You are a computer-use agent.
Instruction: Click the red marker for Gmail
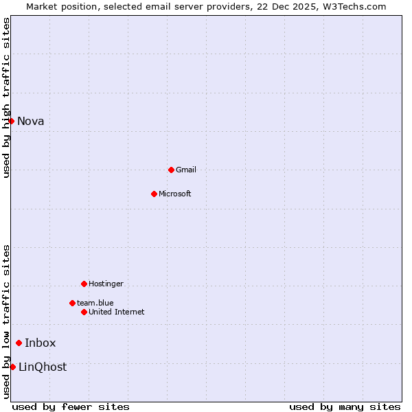pos(171,170)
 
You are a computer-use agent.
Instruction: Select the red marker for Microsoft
pos(154,194)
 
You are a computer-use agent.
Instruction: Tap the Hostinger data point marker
pos(84,284)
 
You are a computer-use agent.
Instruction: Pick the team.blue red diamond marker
pos(72,303)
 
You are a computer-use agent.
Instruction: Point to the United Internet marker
pos(84,312)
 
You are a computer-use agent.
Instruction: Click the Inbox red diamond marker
pos(19,343)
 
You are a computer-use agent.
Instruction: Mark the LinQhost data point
pos(12,367)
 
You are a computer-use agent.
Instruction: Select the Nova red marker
pos(11,121)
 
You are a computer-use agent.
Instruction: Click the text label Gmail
pos(186,170)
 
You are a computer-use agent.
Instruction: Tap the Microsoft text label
pos(175,194)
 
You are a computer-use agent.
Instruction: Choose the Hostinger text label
pos(106,284)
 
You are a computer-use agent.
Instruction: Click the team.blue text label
pos(95,303)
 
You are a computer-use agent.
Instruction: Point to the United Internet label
pos(117,312)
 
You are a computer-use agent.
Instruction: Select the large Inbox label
pos(41,343)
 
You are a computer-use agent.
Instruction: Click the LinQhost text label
pos(43,367)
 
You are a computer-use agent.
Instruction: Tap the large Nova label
pos(31,121)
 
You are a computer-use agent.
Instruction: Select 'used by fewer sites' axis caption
pos(71,407)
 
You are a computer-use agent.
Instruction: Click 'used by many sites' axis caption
pos(345,407)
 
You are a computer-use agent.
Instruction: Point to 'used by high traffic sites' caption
pos(6,98)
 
